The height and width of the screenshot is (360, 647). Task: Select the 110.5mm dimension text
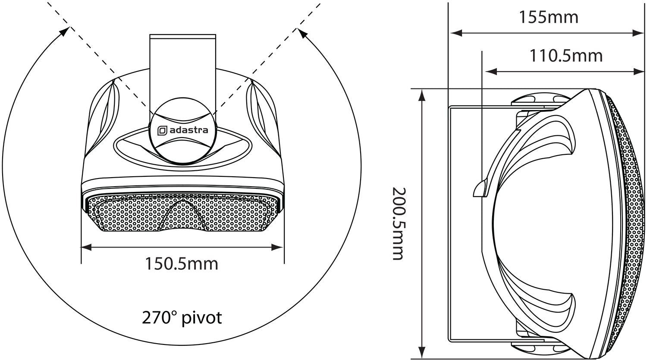(x=566, y=56)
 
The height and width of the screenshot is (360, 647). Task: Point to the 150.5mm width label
(x=181, y=263)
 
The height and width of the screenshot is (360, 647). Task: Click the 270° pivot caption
(x=182, y=318)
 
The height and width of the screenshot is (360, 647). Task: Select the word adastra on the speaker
(x=188, y=130)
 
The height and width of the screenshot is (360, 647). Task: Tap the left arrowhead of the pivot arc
(x=65, y=31)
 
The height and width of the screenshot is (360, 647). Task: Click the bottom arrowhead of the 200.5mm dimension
(x=422, y=354)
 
